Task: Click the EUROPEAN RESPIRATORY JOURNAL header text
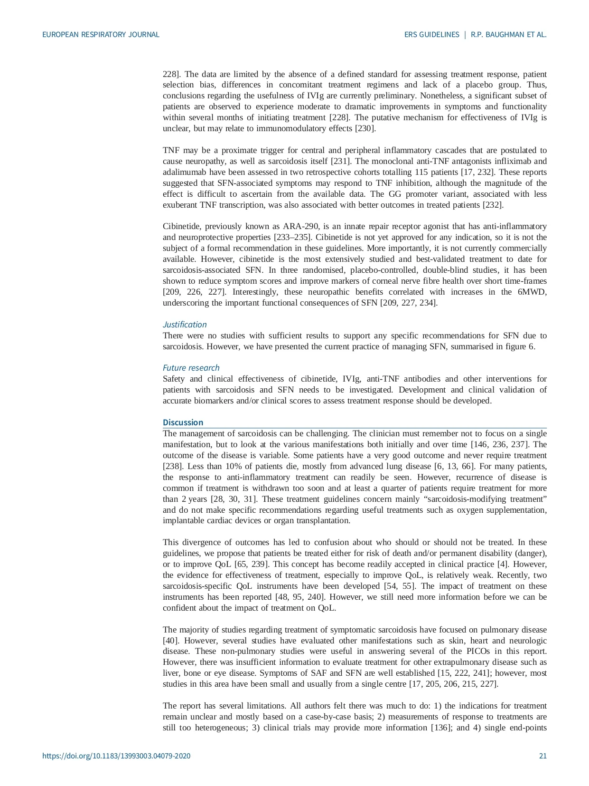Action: tap(101, 35)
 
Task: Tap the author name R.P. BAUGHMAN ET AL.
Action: tap(508, 35)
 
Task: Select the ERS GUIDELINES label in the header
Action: tap(431, 35)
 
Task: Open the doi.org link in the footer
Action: tap(116, 756)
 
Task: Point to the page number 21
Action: tap(542, 756)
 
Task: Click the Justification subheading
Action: tap(185, 325)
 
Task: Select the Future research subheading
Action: tap(191, 368)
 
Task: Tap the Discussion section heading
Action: tap(183, 422)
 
